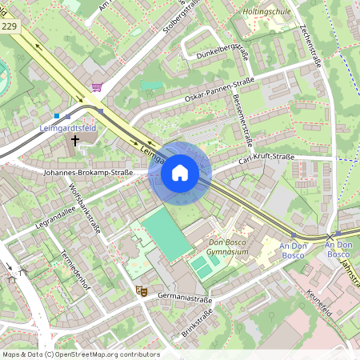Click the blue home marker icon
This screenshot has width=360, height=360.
coord(180,172)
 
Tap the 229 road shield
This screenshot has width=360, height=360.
coord(10,26)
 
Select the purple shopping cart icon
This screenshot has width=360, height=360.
coord(97,87)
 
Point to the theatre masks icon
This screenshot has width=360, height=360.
coord(141,291)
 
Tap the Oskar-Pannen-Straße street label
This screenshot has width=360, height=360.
coord(219,88)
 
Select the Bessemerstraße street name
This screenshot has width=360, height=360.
coord(242,121)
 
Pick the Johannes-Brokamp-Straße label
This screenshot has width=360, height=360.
coord(88,172)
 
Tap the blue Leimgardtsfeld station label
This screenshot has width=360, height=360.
coord(69,127)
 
